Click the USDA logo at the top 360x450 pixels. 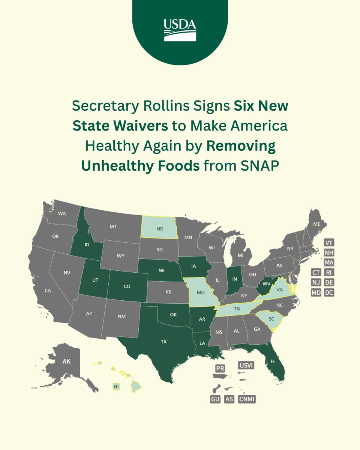(180, 30)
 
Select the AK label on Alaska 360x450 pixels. (66, 362)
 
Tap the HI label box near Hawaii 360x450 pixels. (116, 386)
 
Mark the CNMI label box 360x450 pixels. (247, 399)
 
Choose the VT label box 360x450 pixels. (329, 243)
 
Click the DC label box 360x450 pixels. (329, 292)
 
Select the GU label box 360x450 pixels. (215, 399)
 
